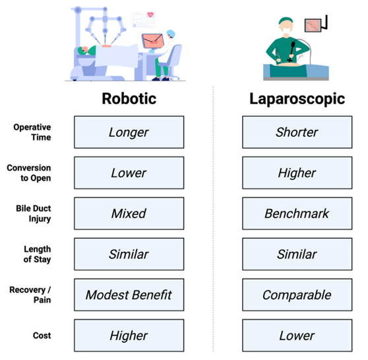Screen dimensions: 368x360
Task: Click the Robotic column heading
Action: point(129,98)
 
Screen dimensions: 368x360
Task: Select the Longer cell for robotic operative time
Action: point(129,132)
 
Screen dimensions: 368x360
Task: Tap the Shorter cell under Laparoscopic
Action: point(297,132)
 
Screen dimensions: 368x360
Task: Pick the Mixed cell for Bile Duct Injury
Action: point(129,214)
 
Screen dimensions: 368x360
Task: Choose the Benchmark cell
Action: point(297,214)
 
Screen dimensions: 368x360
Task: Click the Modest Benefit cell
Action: point(129,295)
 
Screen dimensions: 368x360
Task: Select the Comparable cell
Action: point(297,295)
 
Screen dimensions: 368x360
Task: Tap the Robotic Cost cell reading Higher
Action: point(129,336)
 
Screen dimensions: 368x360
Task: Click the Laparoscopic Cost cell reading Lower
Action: point(297,336)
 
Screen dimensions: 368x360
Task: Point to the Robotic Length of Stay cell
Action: point(129,254)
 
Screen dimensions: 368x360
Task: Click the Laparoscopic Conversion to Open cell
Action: point(297,173)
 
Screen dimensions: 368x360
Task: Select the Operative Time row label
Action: point(32,132)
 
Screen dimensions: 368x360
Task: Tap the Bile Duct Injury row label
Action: point(34,214)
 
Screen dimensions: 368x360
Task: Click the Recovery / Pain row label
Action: point(30,295)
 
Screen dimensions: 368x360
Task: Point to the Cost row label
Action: point(42,336)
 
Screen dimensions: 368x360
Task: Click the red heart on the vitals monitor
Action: point(150,15)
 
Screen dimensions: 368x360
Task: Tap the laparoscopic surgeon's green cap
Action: point(286,20)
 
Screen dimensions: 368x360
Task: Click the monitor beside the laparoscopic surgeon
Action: point(313,25)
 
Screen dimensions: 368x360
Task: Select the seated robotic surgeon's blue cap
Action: point(171,33)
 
